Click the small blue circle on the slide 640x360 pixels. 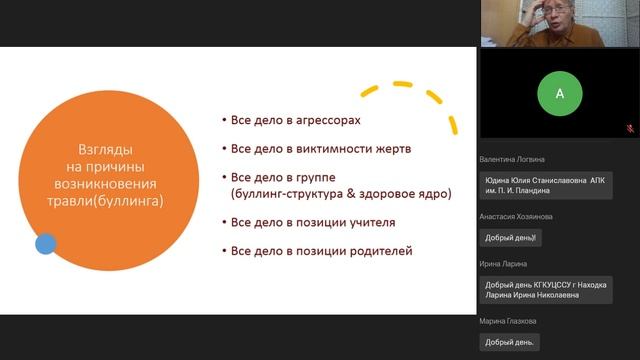45,243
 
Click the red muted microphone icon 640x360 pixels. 631,129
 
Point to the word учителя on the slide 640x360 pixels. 368,222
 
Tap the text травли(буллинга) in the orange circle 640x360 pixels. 106,200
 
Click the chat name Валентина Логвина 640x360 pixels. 511,159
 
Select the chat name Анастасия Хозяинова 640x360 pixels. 516,216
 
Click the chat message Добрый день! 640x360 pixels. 511,238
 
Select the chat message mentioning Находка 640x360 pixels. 545,290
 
